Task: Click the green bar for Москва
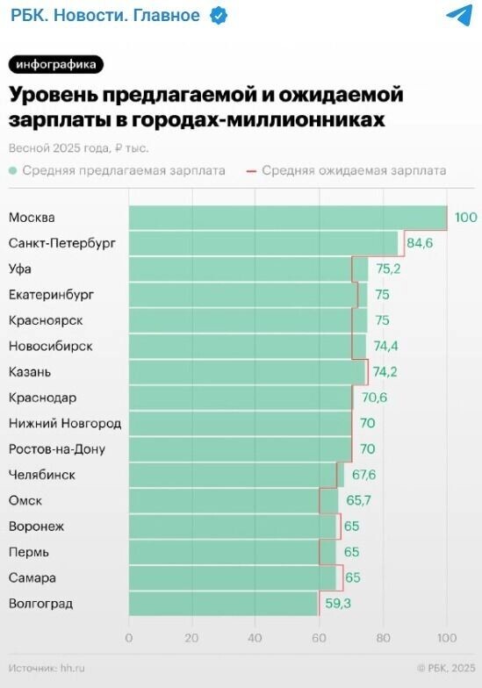(x=288, y=218)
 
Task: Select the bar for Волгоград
(x=223, y=604)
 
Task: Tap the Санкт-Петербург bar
(x=263, y=243)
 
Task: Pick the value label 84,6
(x=421, y=243)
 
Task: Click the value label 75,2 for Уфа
(x=387, y=269)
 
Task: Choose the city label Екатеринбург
(x=51, y=294)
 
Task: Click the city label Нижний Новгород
(x=65, y=423)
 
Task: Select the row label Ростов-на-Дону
(x=56, y=449)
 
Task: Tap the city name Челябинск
(x=41, y=475)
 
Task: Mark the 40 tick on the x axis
(x=255, y=638)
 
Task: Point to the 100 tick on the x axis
(x=447, y=638)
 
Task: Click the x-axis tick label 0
(x=129, y=638)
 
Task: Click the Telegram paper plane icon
(x=459, y=15)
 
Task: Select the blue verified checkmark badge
(x=218, y=16)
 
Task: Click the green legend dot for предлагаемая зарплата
(x=13, y=170)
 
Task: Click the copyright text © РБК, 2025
(x=445, y=668)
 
